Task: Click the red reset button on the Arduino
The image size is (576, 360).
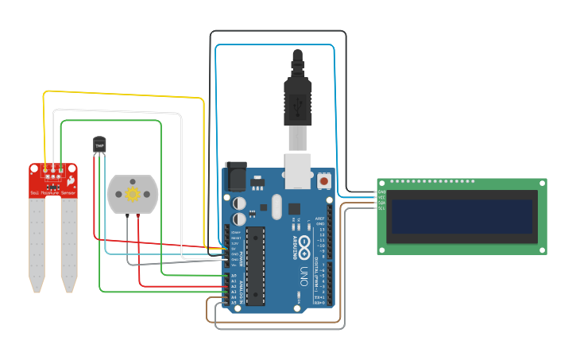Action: (323, 180)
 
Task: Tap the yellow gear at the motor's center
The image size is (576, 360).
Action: (133, 194)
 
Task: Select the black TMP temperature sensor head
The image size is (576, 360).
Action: (99, 145)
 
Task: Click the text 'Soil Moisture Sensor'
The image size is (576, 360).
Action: (53, 193)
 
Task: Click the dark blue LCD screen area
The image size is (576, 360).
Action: (462, 220)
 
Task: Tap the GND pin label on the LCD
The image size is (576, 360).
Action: (382, 192)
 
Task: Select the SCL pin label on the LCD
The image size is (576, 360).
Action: (382, 208)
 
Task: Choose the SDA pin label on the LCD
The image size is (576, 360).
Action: (382, 203)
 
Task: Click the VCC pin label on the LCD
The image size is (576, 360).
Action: (382, 197)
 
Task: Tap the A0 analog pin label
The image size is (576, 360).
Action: (234, 276)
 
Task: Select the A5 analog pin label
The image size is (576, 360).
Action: (234, 303)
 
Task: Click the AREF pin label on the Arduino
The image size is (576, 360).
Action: (320, 218)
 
